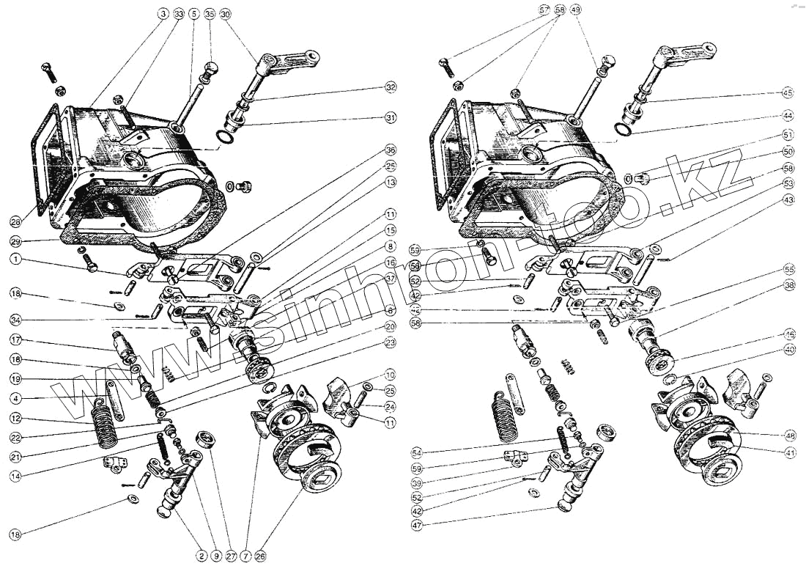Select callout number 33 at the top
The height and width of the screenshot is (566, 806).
point(177,14)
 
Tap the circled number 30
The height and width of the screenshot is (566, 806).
point(225,14)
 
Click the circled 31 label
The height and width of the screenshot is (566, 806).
point(391,118)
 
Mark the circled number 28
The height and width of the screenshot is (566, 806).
point(15,221)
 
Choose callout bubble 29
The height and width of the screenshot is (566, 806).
point(15,241)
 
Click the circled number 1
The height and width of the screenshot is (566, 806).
point(15,259)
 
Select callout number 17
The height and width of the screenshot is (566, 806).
point(15,339)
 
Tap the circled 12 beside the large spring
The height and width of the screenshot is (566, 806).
point(15,419)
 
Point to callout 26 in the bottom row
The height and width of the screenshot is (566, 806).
point(261,556)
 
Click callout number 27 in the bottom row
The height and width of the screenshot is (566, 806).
point(232,556)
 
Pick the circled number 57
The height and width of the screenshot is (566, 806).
point(544,10)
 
